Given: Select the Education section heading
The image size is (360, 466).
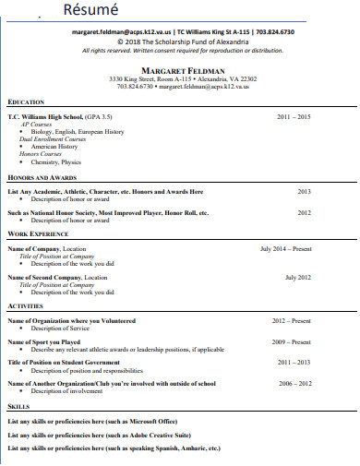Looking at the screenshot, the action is tap(26, 102).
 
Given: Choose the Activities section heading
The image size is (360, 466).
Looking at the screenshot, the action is tap(25, 305).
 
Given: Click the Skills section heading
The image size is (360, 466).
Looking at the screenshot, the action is tap(18, 405).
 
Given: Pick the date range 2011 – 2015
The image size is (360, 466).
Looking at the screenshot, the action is tap(294, 117).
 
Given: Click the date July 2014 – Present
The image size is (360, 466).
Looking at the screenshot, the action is tap(286, 248).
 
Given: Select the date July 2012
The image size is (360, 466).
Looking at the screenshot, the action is tap(298, 277).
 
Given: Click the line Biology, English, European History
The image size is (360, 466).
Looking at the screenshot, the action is tap(78, 131).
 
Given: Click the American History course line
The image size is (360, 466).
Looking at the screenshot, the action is tap(56, 146).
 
